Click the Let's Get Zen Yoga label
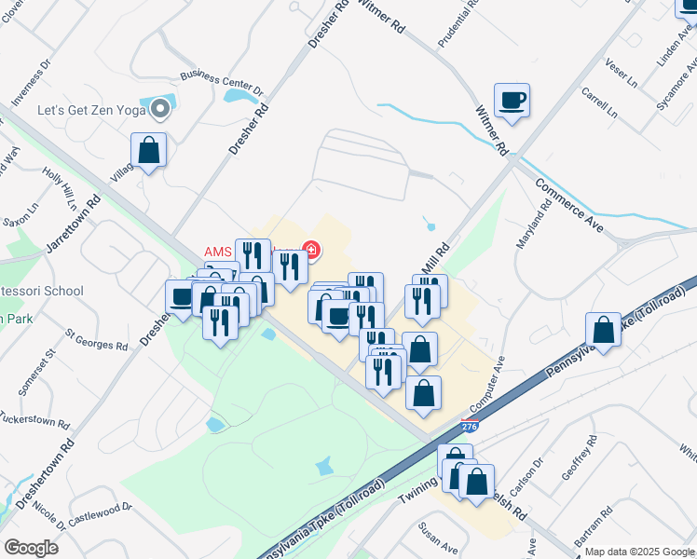[x=90, y=110]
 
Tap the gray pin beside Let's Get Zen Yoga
[x=161, y=110]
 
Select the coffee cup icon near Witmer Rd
[x=512, y=100]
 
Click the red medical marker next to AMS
[x=311, y=250]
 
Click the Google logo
[x=31, y=547]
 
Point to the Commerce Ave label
[x=568, y=204]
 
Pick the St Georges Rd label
[x=97, y=338]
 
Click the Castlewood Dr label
[x=99, y=511]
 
